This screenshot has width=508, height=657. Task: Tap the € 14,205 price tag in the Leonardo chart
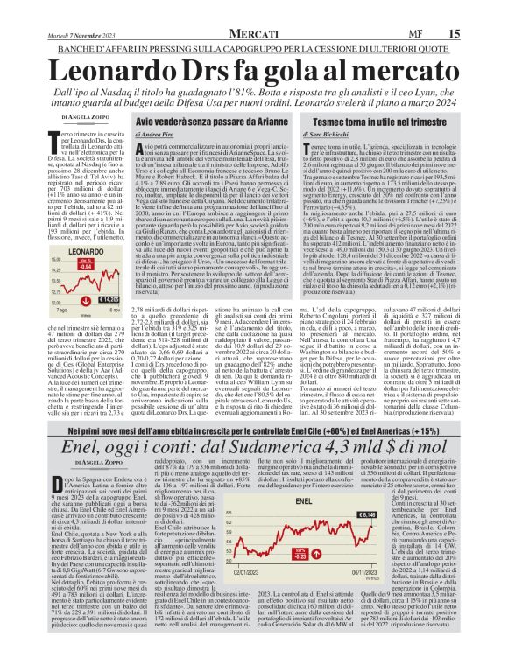pyautogui.click(x=109, y=298)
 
